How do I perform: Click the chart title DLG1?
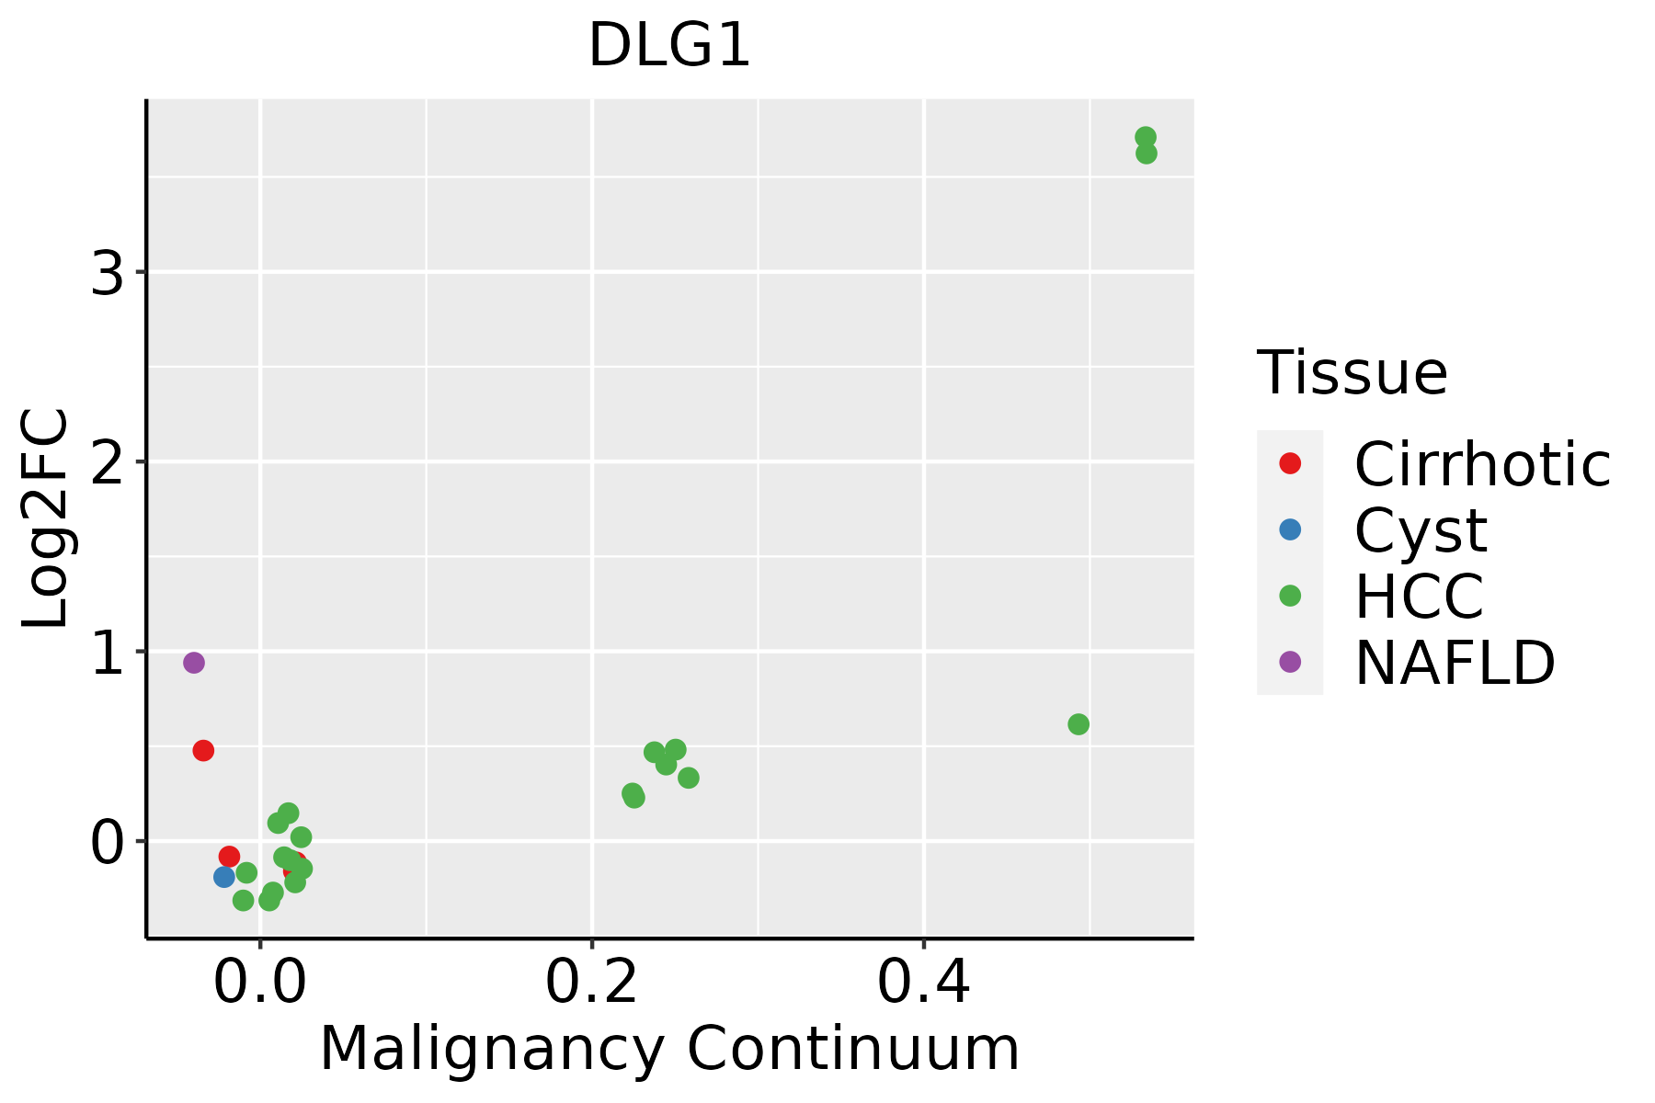click(x=669, y=46)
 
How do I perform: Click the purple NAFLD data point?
click(x=193, y=663)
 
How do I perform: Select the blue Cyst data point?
click(x=224, y=877)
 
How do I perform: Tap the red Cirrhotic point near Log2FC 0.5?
click(x=203, y=750)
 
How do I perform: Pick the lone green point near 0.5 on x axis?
click(x=1079, y=724)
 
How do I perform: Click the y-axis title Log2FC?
click(x=46, y=518)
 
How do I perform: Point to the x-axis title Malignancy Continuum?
click(x=669, y=1049)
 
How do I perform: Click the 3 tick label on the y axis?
click(x=108, y=272)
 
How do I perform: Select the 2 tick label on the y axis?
click(x=108, y=461)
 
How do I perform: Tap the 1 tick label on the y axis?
click(x=108, y=652)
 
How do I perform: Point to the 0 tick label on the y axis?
click(x=108, y=841)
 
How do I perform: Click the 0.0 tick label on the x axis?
click(x=260, y=983)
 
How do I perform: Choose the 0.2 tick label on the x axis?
click(x=592, y=983)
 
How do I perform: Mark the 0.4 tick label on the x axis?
click(x=923, y=983)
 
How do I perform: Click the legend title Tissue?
click(x=1352, y=372)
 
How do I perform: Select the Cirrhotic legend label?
click(x=1482, y=464)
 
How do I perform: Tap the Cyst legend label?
click(x=1421, y=530)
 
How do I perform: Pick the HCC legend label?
click(x=1419, y=597)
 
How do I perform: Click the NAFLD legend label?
click(x=1455, y=663)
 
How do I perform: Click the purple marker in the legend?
click(x=1290, y=662)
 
